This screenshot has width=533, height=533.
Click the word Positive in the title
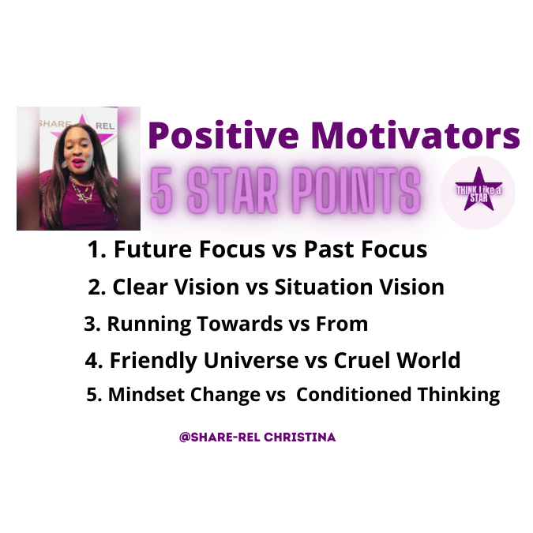[223, 136]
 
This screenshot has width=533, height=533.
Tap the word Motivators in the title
[415, 136]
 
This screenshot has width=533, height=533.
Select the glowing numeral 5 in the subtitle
[161, 191]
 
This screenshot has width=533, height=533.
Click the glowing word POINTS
[356, 191]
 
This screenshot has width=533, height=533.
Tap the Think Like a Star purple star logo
[479, 190]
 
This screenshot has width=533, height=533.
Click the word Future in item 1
[152, 250]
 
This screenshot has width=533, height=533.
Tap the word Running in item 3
[149, 325]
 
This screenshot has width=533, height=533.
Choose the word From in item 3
[342, 324]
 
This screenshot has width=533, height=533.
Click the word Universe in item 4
[251, 360]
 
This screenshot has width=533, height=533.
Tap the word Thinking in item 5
[459, 396]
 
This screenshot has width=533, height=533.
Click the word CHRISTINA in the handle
[300, 437]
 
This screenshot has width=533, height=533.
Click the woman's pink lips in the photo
[78, 162]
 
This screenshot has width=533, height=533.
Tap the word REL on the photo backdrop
[105, 126]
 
